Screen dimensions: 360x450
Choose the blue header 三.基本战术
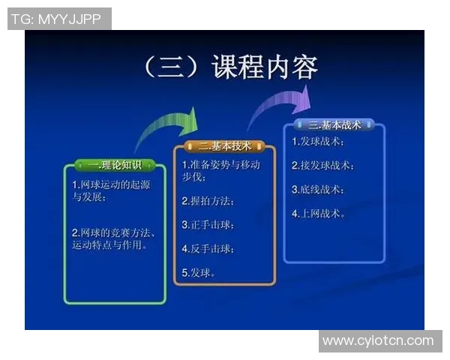click(334, 125)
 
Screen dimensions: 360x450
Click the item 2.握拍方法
click(208, 201)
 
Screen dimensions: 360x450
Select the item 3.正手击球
click(208, 224)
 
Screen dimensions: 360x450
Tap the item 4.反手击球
click(208, 248)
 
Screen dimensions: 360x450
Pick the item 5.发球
click(199, 272)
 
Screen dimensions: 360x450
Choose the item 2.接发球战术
click(322, 165)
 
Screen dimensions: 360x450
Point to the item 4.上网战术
click(318, 213)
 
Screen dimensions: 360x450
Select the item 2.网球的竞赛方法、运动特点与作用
click(109, 238)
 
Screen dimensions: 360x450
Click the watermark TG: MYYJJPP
click(59, 19)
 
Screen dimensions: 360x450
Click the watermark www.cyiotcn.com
click(378, 341)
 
